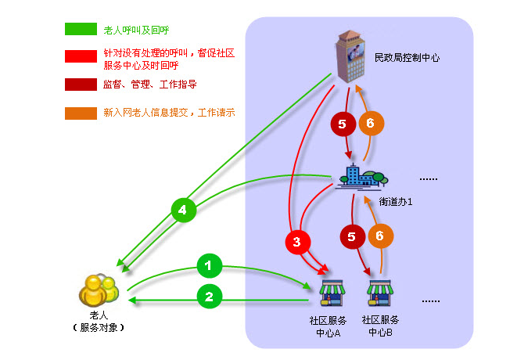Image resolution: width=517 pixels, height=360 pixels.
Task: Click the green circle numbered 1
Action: click(x=207, y=267)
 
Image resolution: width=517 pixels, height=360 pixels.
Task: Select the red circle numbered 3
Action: click(x=296, y=243)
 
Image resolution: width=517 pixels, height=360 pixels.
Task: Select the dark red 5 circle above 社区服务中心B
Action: click(x=351, y=236)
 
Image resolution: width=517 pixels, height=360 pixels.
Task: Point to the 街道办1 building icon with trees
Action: click(x=361, y=177)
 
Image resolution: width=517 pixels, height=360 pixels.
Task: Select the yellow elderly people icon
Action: click(x=98, y=289)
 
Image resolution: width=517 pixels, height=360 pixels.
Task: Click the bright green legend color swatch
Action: click(x=80, y=29)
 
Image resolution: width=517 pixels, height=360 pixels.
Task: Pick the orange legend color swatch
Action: click(x=80, y=113)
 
